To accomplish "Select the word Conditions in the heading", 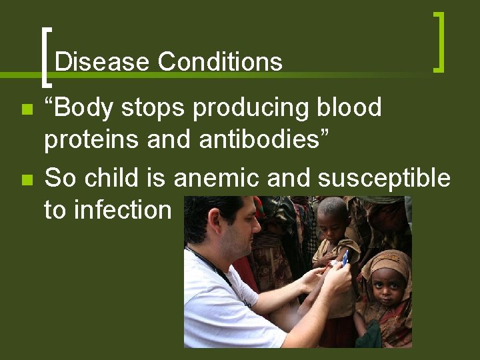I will (x=220, y=63).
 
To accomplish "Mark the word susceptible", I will (x=384, y=178).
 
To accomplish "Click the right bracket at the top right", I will (x=438, y=41).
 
